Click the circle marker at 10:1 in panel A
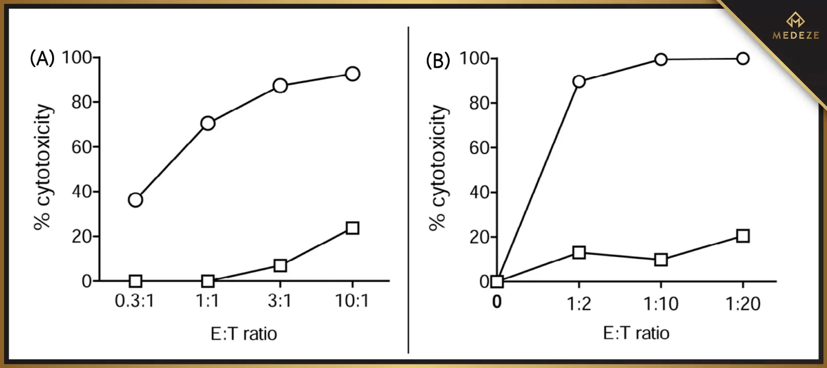(352, 74)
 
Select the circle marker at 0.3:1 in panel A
(135, 200)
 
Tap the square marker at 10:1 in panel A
(352, 228)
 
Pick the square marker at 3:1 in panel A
(280, 266)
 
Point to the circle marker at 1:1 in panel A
(208, 123)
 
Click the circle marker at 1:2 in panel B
(579, 81)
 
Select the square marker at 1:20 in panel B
(743, 236)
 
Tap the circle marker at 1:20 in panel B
(743, 58)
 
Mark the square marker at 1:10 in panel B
(661, 260)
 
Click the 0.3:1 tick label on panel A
(135, 301)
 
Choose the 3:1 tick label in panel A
(280, 301)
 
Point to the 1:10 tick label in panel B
(661, 304)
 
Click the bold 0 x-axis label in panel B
(497, 303)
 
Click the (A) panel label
(42, 59)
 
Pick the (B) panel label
(438, 61)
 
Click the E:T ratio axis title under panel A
(244, 334)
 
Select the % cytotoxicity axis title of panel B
(438, 168)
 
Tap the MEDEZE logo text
(795, 35)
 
